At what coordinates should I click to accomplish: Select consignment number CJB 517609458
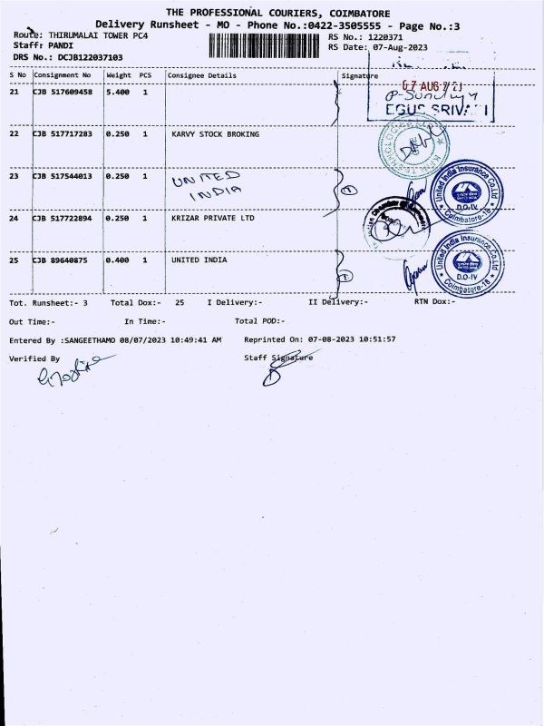pos(63,93)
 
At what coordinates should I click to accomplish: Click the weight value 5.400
pos(118,93)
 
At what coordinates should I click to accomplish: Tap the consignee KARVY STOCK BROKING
pos(215,134)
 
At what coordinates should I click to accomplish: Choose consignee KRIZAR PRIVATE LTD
pos(213,218)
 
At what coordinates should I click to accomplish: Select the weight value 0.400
pos(118,260)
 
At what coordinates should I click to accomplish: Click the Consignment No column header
pos(63,75)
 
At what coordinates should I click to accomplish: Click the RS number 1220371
pos(392,36)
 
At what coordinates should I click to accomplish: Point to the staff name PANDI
pos(61,44)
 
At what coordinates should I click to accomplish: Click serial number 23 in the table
pos(15,176)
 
